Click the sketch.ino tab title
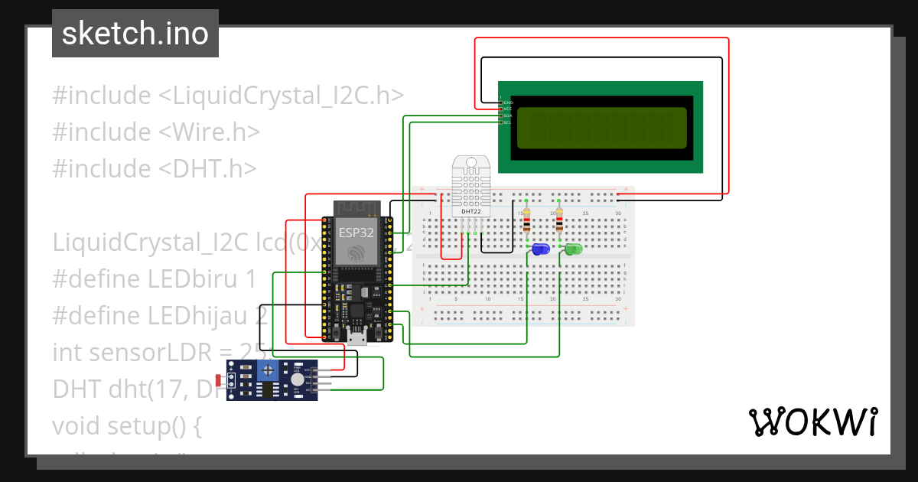click(135, 34)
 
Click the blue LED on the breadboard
click(541, 249)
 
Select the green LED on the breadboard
click(573, 249)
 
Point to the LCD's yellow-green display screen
click(601, 129)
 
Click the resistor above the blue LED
click(526, 222)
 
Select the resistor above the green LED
click(559, 222)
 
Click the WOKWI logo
click(812, 422)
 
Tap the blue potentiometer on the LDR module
click(268, 372)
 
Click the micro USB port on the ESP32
click(356, 336)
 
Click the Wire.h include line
click(156, 132)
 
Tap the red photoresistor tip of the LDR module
click(220, 380)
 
